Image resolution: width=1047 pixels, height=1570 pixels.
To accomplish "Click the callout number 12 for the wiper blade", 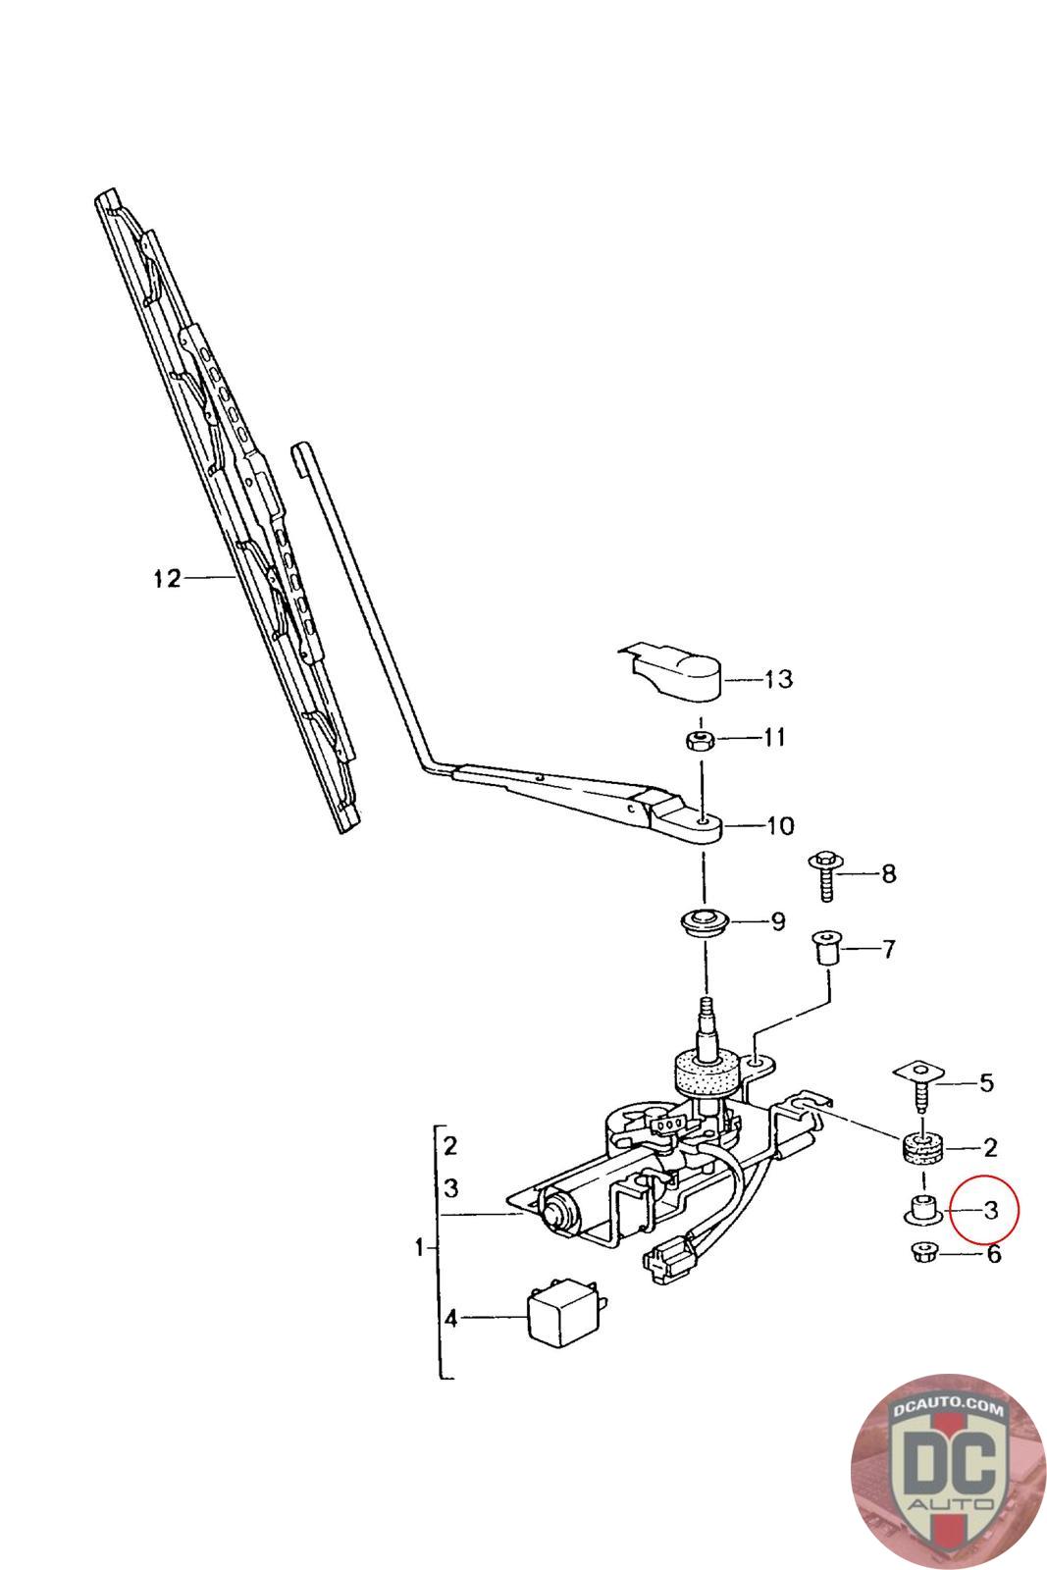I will [167, 579].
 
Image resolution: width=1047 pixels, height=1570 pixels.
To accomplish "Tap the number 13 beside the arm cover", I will [778, 679].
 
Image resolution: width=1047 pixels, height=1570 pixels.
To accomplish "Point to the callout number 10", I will [779, 825].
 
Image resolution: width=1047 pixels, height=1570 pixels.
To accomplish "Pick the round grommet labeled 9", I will [703, 924].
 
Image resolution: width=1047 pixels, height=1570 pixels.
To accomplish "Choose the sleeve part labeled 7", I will [826, 951].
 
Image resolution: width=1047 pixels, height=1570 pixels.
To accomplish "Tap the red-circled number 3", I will [990, 1209].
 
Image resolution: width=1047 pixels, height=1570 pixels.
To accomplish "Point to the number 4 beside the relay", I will [451, 1318].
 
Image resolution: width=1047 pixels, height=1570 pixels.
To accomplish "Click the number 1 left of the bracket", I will [420, 1249].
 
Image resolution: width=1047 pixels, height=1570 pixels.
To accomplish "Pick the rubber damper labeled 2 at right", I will [922, 1146].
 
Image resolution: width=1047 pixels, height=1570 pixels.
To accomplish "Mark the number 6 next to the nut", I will [993, 1253].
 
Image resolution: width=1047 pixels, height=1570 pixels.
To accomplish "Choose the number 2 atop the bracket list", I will [450, 1145].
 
